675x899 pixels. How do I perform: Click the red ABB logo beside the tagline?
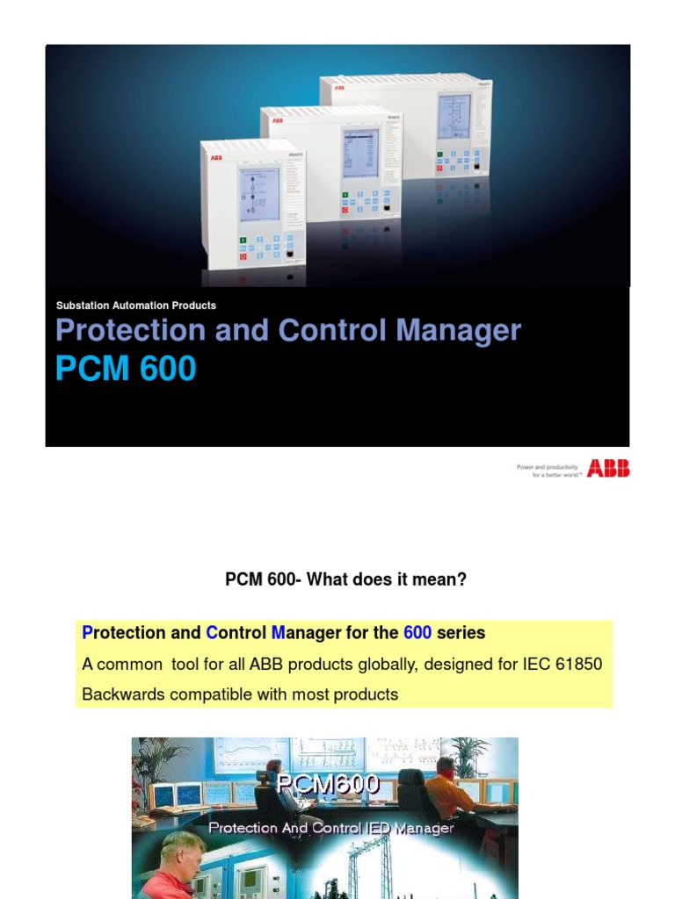(608, 469)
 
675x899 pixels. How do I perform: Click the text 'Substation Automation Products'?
(135, 306)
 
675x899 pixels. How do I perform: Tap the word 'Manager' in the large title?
(458, 331)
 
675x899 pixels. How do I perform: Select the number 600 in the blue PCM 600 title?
(165, 369)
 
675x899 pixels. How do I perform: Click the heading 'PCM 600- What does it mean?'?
(345, 579)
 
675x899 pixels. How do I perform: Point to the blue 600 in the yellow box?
(417, 633)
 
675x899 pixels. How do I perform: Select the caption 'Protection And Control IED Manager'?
(331, 828)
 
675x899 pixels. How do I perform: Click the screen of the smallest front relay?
(259, 194)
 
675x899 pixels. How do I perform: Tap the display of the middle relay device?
(360, 153)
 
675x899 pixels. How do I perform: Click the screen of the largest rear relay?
(454, 116)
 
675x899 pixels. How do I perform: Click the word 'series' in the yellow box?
(461, 633)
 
